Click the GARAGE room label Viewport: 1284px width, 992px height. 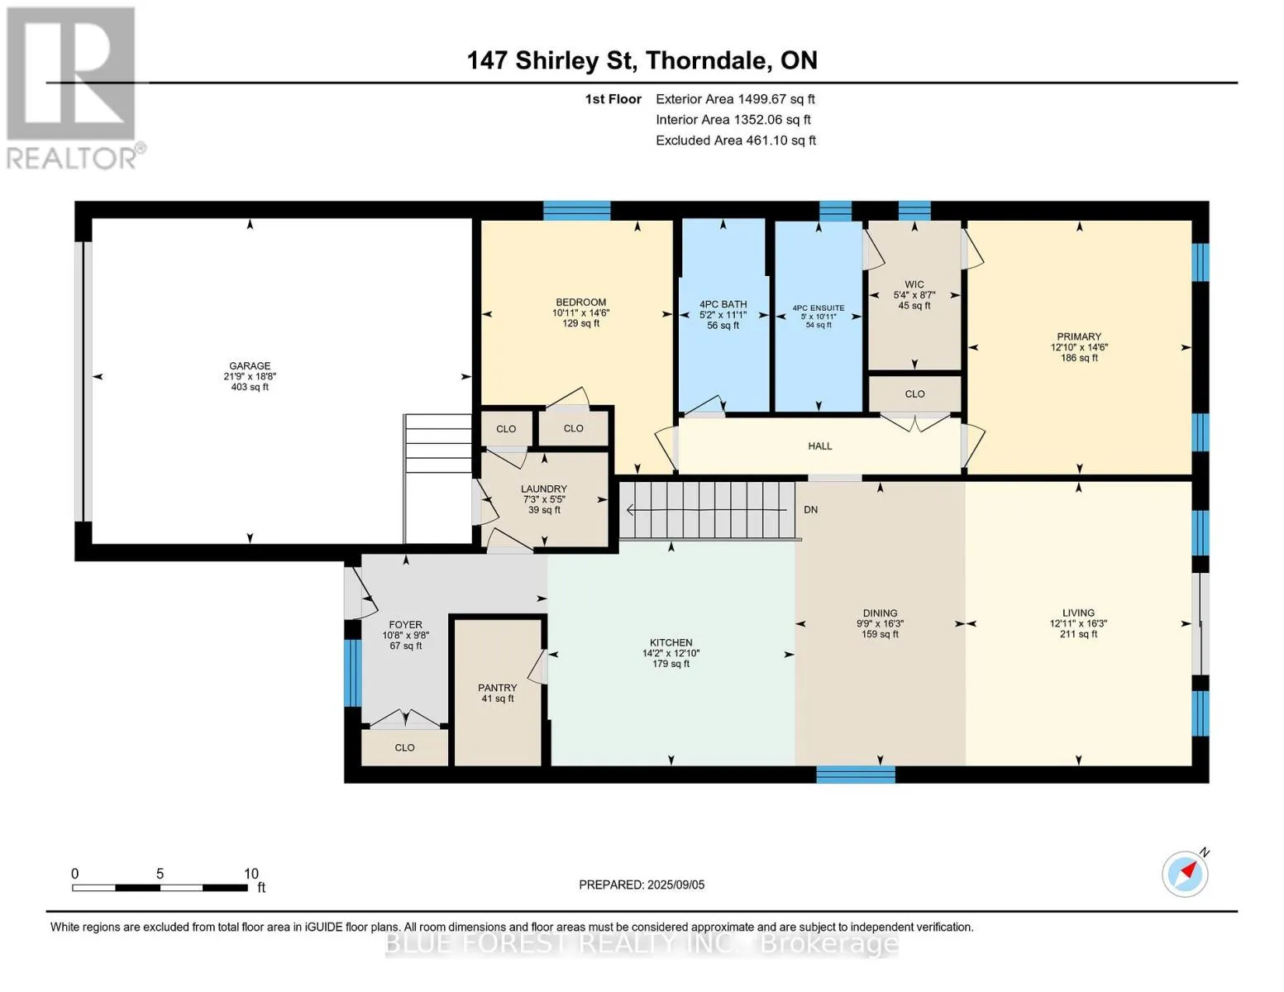[x=250, y=365]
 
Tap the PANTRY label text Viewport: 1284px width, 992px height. [x=497, y=688]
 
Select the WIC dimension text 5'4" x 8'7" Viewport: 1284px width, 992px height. [x=914, y=295]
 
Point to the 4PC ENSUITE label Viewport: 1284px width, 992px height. [x=819, y=308]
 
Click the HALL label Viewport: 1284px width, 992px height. [x=819, y=446]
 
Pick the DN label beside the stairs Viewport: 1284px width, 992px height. [x=811, y=509]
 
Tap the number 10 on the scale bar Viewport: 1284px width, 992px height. [x=251, y=873]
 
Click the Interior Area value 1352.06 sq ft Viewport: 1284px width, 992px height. [x=771, y=119]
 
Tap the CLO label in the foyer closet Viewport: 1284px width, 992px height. [x=405, y=747]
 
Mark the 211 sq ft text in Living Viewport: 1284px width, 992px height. [x=1078, y=634]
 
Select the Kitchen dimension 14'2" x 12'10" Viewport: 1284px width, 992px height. [x=671, y=653]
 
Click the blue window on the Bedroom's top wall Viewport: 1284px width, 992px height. [x=577, y=210]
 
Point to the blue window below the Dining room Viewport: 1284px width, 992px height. [x=856, y=774]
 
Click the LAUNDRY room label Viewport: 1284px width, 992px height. [x=544, y=489]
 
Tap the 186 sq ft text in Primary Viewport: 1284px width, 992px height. [x=1079, y=357]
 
